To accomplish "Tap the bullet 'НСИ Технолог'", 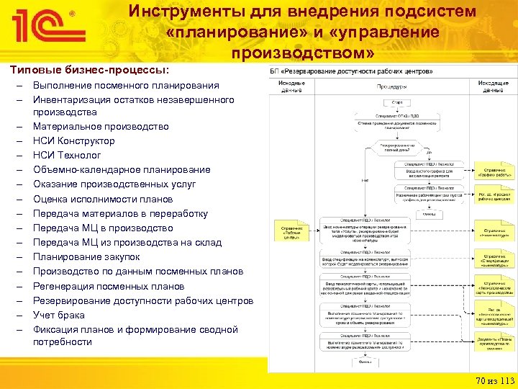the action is coord(67,155).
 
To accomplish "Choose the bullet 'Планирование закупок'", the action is coord(86,256).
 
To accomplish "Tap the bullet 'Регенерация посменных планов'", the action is coord(109,286).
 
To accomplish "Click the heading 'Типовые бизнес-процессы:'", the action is coord(89,70).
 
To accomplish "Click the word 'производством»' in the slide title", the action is coord(303,54).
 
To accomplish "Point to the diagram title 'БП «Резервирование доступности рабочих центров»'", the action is coord(352,72).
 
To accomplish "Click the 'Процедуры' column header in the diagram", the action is coord(391,86).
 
